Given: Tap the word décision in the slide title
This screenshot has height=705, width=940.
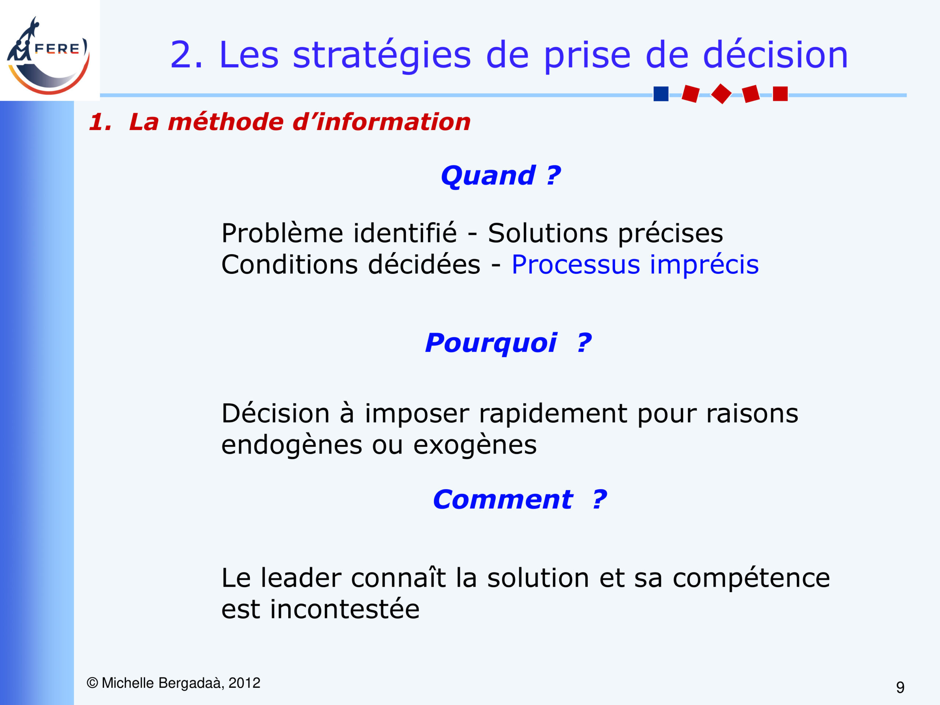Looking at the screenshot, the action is [x=775, y=54].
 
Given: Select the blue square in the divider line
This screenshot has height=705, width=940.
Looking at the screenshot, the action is [x=661, y=94].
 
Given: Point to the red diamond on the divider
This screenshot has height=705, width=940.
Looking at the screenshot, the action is [x=721, y=94].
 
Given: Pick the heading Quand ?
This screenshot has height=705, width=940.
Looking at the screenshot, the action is [x=500, y=176].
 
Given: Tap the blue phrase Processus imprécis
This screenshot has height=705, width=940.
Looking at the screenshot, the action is [x=635, y=265].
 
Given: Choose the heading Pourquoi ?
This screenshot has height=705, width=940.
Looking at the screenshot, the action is [x=508, y=343].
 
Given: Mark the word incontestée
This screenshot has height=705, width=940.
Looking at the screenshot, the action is [x=345, y=609].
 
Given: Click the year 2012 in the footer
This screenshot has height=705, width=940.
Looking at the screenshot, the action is [x=244, y=683].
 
